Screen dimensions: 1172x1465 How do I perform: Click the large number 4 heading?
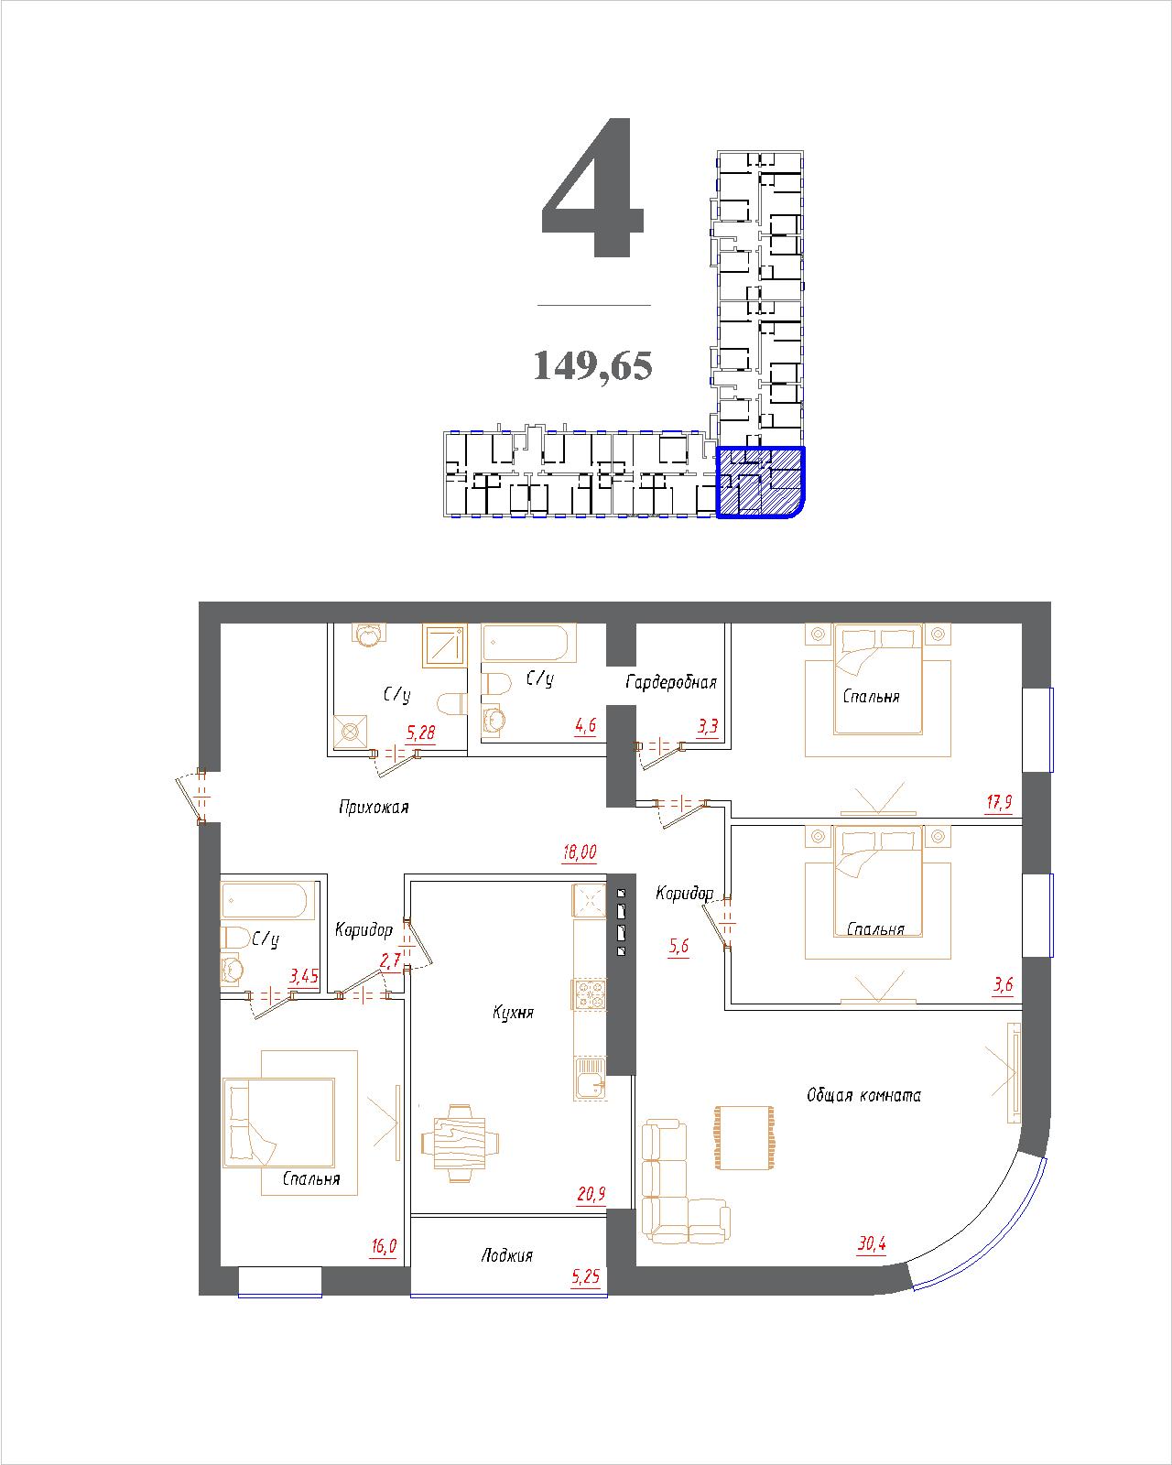pyautogui.click(x=592, y=188)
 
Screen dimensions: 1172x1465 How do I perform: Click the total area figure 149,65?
pyautogui.click(x=592, y=365)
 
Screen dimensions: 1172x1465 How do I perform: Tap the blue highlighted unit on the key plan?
pyautogui.click(x=761, y=483)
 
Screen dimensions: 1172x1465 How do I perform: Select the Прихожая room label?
pyautogui.click(x=374, y=808)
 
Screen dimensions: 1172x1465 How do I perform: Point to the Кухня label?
pyautogui.click(x=513, y=1013)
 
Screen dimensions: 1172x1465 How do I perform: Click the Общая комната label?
pyautogui.click(x=863, y=1095)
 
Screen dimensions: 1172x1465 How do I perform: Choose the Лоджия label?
pyautogui.click(x=506, y=1255)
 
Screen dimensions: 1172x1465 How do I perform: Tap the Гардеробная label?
pyautogui.click(x=671, y=682)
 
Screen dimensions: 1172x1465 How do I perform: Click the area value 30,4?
pyautogui.click(x=872, y=1243)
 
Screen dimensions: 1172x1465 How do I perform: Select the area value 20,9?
pyautogui.click(x=591, y=1194)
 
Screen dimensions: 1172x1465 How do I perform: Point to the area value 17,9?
pyautogui.click(x=999, y=802)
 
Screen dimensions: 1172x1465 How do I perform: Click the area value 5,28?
pyautogui.click(x=420, y=732)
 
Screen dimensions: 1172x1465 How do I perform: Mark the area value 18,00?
pyautogui.click(x=580, y=852)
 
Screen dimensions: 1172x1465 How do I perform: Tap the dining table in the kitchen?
pyautogui.click(x=460, y=1144)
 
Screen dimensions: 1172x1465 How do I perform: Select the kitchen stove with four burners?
pyautogui.click(x=590, y=994)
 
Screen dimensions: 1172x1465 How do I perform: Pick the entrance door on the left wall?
pyautogui.click(x=192, y=796)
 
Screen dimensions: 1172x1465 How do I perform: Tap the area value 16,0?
pyautogui.click(x=384, y=1246)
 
